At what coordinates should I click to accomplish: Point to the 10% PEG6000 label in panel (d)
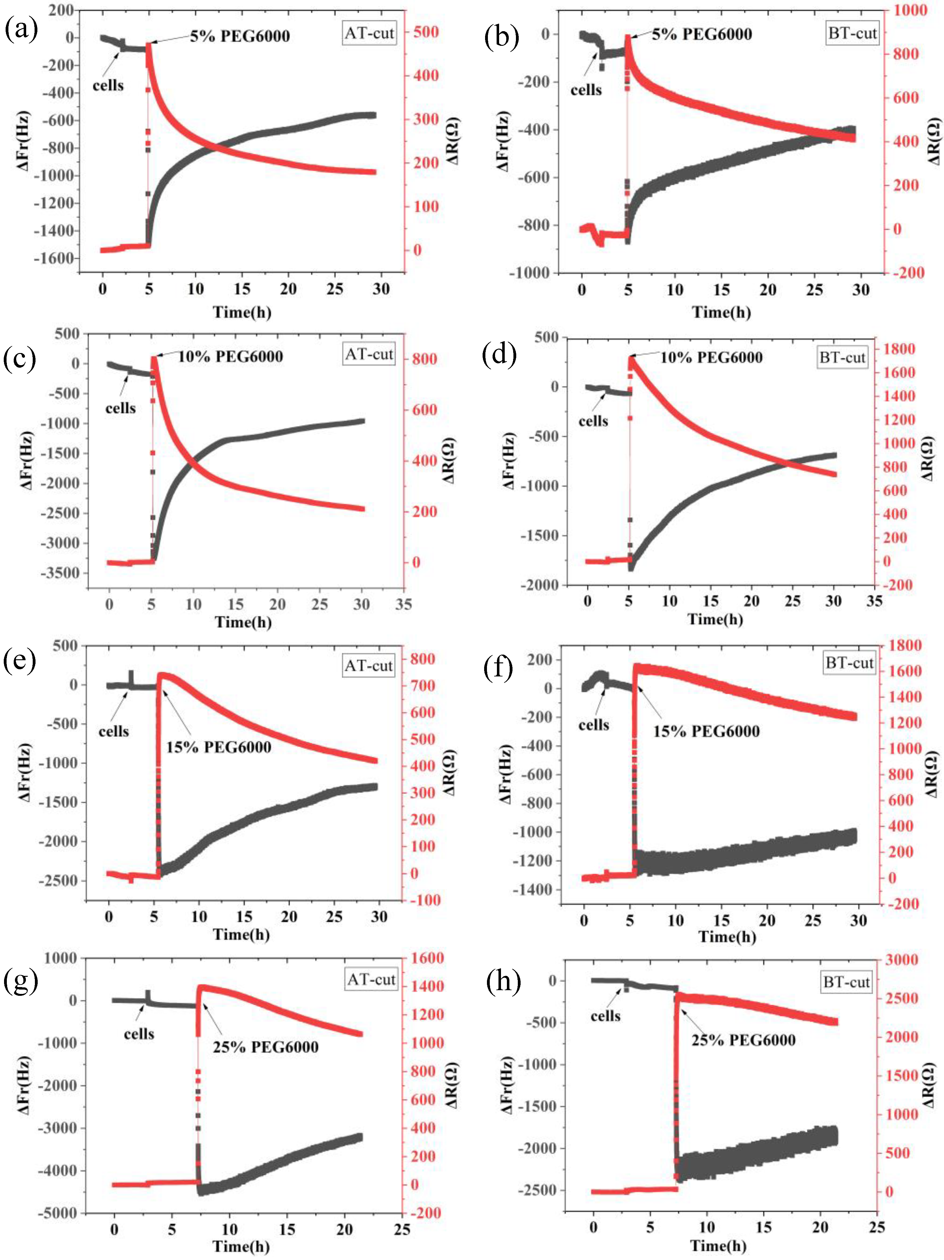click(711, 358)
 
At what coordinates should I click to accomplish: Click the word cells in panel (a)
click(108, 85)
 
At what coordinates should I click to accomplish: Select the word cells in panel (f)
click(594, 725)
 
